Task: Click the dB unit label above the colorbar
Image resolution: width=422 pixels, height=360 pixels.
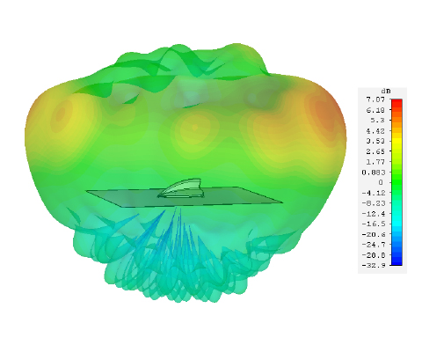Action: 386,91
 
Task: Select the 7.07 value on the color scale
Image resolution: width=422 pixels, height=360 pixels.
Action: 375,99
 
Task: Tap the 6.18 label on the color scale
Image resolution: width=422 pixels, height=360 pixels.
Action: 375,110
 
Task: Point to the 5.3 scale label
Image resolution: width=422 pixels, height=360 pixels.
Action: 377,121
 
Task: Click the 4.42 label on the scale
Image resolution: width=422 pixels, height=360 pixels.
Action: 375,131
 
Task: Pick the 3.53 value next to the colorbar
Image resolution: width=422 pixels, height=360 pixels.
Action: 375,141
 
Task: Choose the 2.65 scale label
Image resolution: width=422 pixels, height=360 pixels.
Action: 375,151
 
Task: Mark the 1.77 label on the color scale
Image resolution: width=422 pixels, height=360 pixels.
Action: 375,162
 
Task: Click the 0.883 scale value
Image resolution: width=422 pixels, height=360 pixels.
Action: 373,173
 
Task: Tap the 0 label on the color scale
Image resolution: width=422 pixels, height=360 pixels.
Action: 381,182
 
